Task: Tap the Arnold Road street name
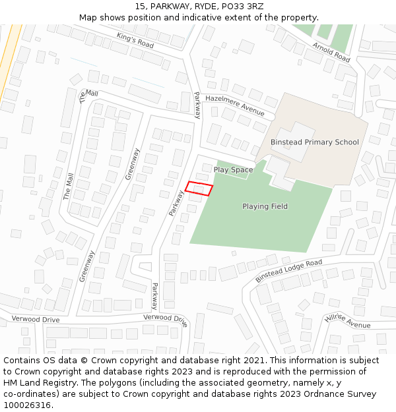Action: (x=332, y=52)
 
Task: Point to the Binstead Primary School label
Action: (x=314, y=142)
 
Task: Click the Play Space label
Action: (x=233, y=169)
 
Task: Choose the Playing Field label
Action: (x=265, y=206)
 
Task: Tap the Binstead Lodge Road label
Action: (x=288, y=270)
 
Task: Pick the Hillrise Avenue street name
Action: (x=348, y=321)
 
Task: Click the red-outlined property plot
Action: (x=199, y=189)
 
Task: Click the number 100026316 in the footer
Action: (x=28, y=405)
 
